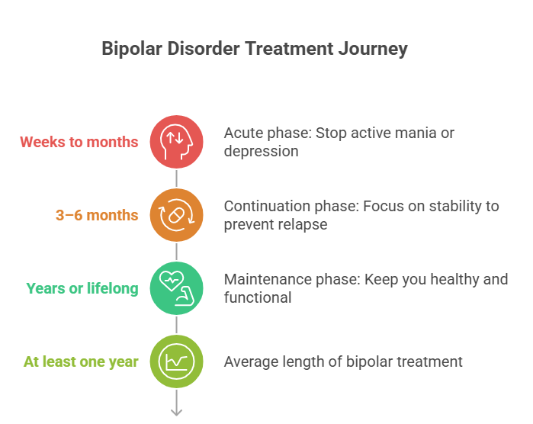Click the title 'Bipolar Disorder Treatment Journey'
pyautogui.click(x=255, y=49)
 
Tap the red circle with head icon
pyautogui.click(x=177, y=142)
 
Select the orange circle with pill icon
pyautogui.click(x=177, y=215)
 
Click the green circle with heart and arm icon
pyautogui.click(x=177, y=288)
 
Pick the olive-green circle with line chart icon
pyautogui.click(x=177, y=361)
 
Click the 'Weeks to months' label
pyautogui.click(x=79, y=142)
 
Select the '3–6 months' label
pyautogui.click(x=97, y=215)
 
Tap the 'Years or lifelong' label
pyautogui.click(x=82, y=288)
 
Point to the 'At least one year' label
pyautogui.click(x=81, y=361)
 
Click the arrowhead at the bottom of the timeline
pyautogui.click(x=177, y=412)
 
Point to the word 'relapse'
pyautogui.click(x=303, y=225)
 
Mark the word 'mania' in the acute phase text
pyautogui.click(x=415, y=133)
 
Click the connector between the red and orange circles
pyautogui.click(x=177, y=178)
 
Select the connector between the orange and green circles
pyautogui.click(x=177, y=252)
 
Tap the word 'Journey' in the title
pyautogui.click(x=375, y=49)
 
